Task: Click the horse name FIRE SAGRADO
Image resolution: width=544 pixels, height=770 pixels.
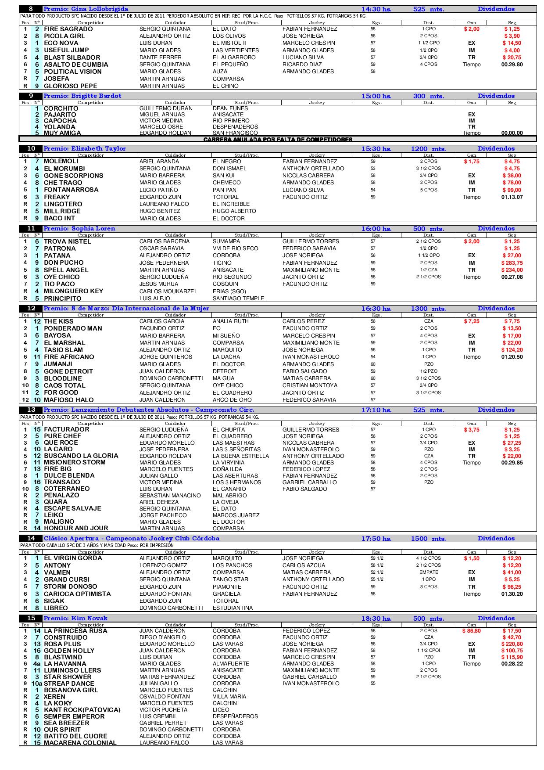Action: click(x=68, y=29)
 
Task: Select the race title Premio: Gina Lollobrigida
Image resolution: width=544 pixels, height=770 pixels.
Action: click(x=86, y=9)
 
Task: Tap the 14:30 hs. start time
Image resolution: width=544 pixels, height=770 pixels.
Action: click(x=376, y=9)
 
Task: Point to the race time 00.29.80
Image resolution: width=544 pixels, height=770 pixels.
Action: click(x=512, y=65)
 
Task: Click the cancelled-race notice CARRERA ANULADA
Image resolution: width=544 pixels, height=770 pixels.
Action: click(x=278, y=140)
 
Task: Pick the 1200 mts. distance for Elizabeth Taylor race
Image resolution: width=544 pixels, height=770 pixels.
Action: click(x=428, y=149)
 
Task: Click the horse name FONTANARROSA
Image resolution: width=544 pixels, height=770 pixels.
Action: click(x=71, y=190)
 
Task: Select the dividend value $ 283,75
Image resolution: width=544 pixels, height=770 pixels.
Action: click(x=512, y=263)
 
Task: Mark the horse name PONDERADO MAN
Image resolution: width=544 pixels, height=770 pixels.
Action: click(x=73, y=328)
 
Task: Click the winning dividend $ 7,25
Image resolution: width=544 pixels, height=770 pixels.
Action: click(x=472, y=321)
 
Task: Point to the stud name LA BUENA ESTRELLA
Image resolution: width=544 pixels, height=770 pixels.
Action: click(x=241, y=456)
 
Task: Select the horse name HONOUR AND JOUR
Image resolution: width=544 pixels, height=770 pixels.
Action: click(x=76, y=529)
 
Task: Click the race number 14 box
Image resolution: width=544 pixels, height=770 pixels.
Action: click(x=31, y=539)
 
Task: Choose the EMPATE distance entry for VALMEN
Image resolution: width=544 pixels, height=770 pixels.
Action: click(x=429, y=572)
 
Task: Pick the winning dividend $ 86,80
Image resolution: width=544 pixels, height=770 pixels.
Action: click(x=471, y=631)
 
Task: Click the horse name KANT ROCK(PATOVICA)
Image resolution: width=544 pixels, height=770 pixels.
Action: click(x=82, y=710)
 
